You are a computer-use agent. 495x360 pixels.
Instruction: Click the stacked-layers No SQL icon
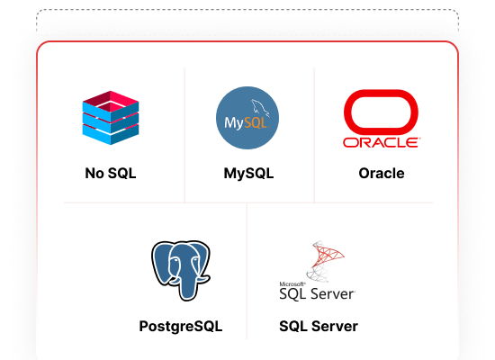[x=111, y=118]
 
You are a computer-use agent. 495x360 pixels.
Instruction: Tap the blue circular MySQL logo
[x=247, y=118]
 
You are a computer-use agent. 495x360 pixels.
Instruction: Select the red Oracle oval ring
[x=381, y=94]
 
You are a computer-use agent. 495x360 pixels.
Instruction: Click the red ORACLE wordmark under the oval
[x=382, y=142]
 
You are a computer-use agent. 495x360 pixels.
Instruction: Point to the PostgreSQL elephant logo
[x=181, y=270]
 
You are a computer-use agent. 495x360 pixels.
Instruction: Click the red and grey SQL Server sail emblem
[x=325, y=261]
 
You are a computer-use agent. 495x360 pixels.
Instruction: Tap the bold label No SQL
[x=111, y=173]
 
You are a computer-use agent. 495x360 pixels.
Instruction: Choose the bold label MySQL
[x=248, y=174]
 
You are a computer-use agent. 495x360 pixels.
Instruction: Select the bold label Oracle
[x=382, y=173]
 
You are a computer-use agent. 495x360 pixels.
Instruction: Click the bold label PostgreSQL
[x=181, y=326]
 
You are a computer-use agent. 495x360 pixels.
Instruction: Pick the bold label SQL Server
[x=319, y=326]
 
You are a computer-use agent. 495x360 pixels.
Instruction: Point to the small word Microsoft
[x=292, y=284]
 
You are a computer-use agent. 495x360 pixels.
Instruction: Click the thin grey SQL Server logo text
[x=318, y=294]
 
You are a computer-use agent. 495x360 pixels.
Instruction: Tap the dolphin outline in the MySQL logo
[x=260, y=107]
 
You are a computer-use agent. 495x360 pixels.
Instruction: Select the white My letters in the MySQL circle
[x=233, y=122]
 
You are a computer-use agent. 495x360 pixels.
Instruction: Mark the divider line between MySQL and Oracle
[x=314, y=135]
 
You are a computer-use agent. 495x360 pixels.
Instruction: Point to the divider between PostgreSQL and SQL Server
[x=247, y=271]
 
